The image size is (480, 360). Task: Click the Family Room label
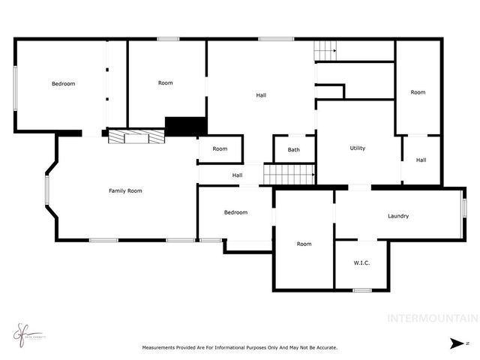pos(125,190)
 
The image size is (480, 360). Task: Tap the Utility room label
pos(358,148)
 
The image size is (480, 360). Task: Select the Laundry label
pos(398,216)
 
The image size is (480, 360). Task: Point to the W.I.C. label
pos(361,263)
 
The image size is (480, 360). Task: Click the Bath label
pos(293,150)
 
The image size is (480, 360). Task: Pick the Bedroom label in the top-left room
pos(63,83)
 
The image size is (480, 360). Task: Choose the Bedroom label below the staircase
pos(235,212)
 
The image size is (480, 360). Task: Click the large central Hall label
pos(261,94)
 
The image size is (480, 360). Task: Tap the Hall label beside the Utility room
pos(421,160)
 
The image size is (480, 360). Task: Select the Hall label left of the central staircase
pos(237,175)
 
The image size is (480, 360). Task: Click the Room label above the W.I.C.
pos(304,244)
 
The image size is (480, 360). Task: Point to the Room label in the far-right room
pos(418,92)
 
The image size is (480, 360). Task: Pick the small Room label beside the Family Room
pos(220,148)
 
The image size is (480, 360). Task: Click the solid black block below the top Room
pos(185,127)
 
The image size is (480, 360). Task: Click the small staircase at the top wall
pos(324,51)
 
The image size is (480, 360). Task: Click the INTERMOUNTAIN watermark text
pos(431,318)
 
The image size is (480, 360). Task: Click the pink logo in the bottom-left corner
pos(20,331)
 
